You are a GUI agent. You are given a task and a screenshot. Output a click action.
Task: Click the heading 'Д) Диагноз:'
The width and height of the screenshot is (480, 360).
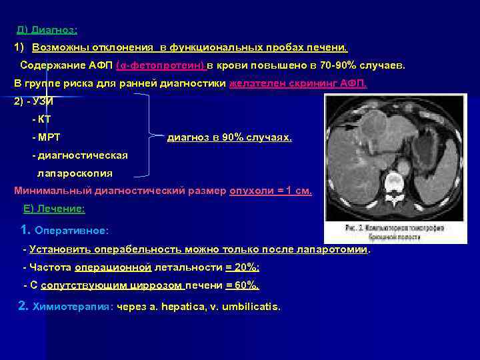[x=47, y=31]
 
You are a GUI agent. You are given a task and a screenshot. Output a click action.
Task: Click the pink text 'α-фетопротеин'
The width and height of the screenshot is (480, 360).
[x=160, y=66]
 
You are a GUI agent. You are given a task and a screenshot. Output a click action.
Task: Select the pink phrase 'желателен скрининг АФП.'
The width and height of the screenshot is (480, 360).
[x=297, y=84]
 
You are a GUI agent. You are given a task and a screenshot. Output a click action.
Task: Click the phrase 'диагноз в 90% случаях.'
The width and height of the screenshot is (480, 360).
[x=229, y=137]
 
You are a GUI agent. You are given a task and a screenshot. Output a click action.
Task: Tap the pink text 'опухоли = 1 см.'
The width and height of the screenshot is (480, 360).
[x=271, y=191]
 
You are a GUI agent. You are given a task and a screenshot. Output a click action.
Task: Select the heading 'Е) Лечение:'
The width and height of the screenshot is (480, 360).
[x=54, y=209]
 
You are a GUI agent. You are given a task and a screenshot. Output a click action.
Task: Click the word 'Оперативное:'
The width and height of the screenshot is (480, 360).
[x=72, y=231]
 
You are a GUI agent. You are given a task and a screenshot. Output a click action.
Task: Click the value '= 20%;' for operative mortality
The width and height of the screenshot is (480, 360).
[x=242, y=267]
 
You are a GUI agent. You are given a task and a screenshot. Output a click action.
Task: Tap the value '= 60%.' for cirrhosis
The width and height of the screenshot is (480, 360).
[x=242, y=285]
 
